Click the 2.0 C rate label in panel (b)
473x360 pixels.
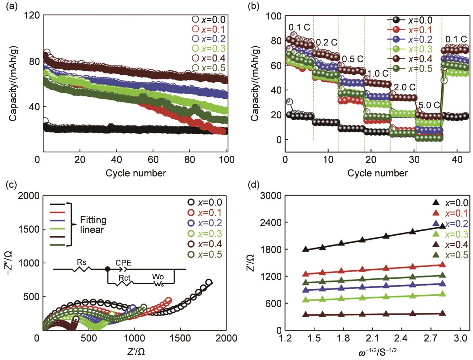(405, 87)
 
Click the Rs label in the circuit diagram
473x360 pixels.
(82, 262)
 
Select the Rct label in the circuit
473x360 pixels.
(125, 278)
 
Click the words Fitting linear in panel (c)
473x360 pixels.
(93, 224)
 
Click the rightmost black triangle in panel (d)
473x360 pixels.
(443, 226)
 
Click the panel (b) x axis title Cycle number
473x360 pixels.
(378, 173)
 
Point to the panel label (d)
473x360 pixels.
(253, 185)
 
